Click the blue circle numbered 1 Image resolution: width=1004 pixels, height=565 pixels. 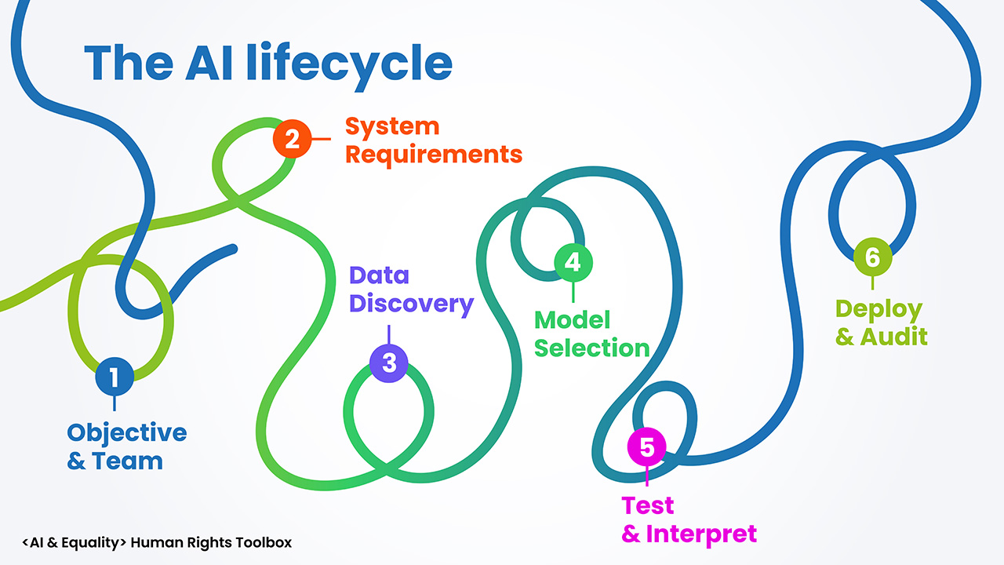[x=115, y=377]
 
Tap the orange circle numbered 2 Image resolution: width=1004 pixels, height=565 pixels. [x=292, y=139]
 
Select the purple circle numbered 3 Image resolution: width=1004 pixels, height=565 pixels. [x=389, y=363]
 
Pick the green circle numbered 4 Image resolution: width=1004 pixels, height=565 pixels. [x=573, y=261]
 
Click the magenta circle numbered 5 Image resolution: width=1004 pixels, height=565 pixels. [x=646, y=447]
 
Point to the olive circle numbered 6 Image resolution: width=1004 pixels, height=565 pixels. [x=872, y=257]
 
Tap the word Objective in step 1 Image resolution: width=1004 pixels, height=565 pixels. [x=127, y=433]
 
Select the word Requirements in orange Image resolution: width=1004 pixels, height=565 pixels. [x=434, y=154]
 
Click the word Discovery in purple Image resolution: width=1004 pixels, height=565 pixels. [x=412, y=304]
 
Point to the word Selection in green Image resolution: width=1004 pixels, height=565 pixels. [x=592, y=348]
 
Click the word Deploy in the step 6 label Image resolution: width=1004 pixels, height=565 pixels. [x=878, y=308]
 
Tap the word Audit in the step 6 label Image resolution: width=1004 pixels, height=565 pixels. [x=894, y=337]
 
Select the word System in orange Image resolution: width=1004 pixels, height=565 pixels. [x=392, y=126]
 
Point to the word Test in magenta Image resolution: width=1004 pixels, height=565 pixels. [x=647, y=505]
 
